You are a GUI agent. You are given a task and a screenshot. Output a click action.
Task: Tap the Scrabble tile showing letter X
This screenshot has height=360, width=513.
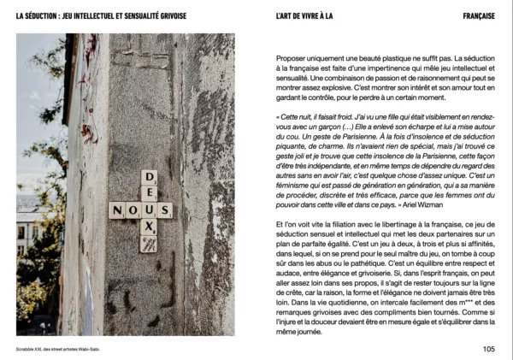(x=148, y=227)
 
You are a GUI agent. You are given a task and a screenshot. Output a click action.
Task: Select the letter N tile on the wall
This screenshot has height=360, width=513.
(x=115, y=210)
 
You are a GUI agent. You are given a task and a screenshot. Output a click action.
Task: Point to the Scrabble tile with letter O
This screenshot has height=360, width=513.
(x=132, y=210)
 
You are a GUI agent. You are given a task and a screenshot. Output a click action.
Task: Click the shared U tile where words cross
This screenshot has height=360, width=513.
(x=148, y=210)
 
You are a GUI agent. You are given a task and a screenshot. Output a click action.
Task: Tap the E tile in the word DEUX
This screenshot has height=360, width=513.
(x=148, y=193)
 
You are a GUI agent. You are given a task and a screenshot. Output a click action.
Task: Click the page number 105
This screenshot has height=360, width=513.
(x=488, y=348)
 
